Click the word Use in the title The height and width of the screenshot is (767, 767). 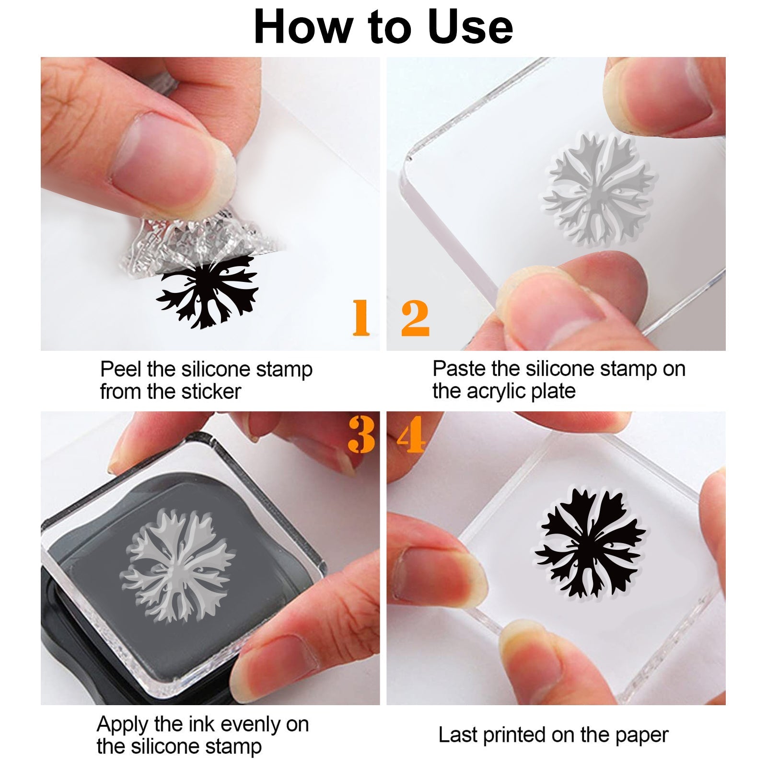(470, 28)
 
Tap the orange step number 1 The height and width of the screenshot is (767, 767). (361, 317)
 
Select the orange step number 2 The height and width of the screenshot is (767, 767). (415, 317)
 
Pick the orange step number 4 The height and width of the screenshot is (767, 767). (411, 434)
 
